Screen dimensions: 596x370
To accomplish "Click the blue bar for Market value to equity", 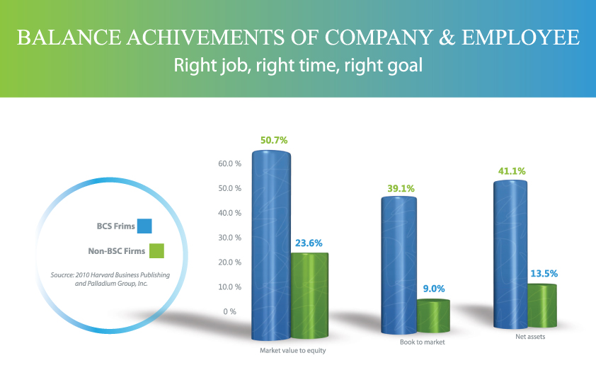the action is point(271,245).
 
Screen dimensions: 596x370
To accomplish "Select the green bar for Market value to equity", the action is point(310,296).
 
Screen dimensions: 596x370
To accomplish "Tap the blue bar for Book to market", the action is point(399,265).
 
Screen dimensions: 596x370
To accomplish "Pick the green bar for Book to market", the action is point(433,316).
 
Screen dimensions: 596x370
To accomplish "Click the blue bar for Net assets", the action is point(510,254).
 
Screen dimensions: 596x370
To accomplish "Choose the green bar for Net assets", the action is point(542,306).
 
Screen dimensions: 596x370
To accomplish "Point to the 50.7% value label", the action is point(274,141).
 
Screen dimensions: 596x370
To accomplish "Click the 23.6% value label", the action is point(309,243).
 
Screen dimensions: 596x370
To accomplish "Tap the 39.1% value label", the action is point(401,188).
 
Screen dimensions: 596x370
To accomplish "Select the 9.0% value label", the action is point(434,289).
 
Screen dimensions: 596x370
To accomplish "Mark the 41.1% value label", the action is point(512,171).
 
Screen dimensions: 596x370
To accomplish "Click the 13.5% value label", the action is point(544,274).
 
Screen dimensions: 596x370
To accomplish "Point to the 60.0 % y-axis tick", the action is point(229,163).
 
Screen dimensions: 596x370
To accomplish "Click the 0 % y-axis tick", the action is point(229,312).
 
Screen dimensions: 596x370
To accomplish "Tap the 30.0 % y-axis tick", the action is point(229,238).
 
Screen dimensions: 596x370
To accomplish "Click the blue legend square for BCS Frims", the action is point(144,226).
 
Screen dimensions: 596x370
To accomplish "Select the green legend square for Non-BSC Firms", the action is point(156,250).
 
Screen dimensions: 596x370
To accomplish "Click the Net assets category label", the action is point(530,337).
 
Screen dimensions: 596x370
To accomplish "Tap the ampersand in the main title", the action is point(447,37).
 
